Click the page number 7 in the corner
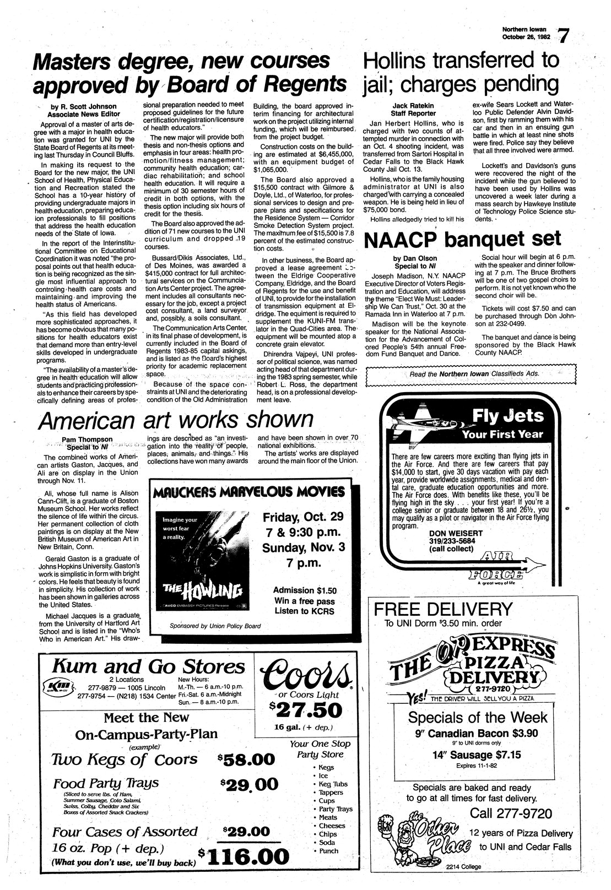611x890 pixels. (x=564, y=36)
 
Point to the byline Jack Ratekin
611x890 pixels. (x=414, y=105)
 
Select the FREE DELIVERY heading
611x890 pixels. (x=444, y=610)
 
